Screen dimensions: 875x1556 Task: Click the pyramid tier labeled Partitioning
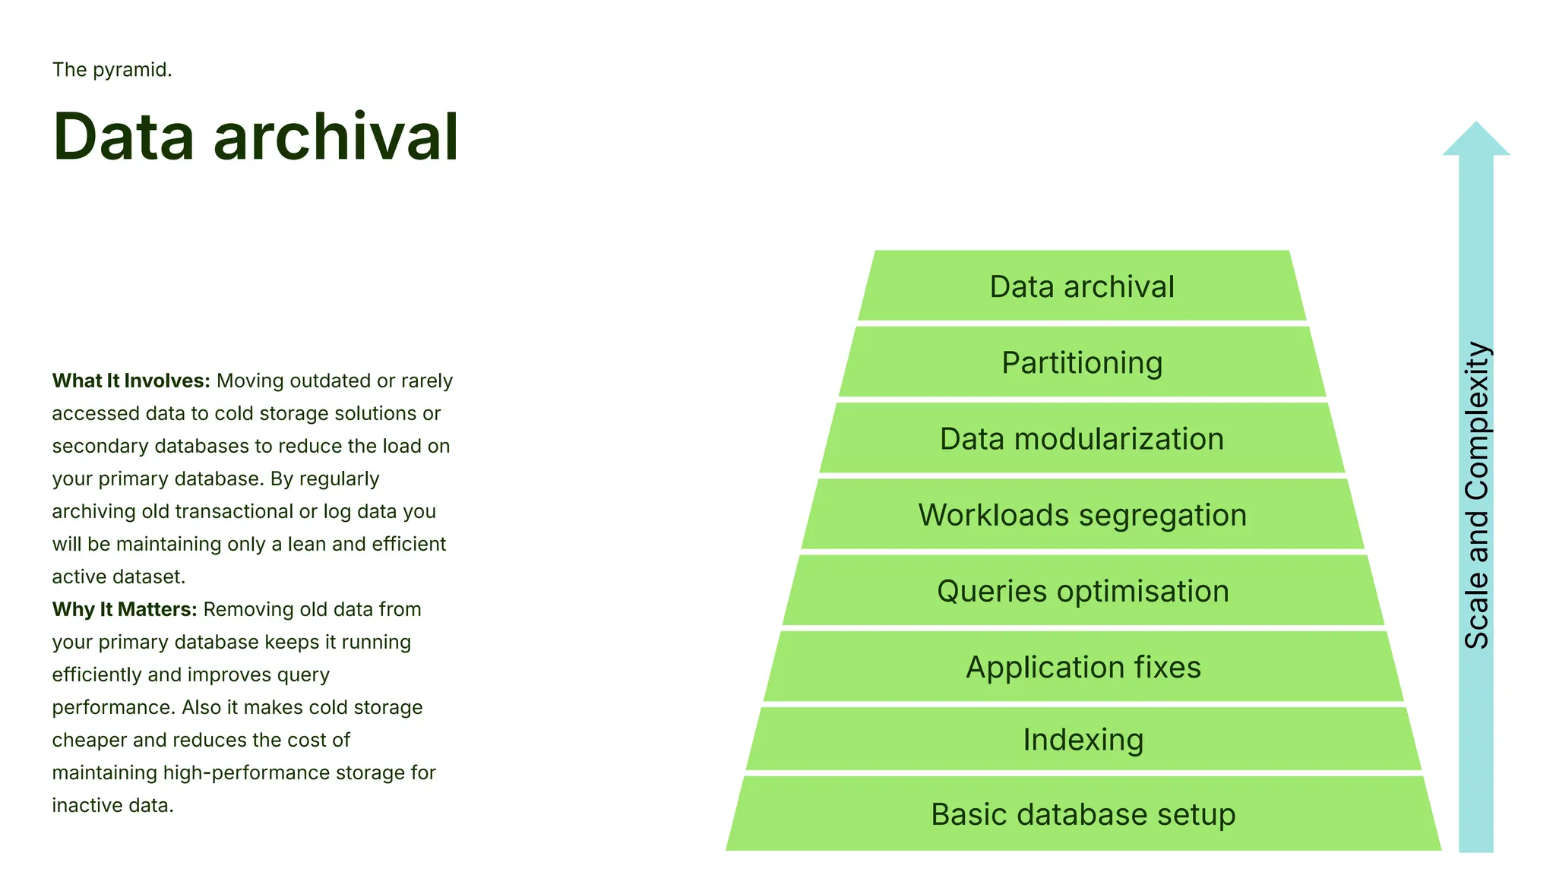pos(1082,362)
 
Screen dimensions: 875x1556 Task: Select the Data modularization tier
pos(1082,438)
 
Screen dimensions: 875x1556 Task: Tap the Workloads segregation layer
pos(1082,514)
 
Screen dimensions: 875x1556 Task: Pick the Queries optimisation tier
pos(1082,591)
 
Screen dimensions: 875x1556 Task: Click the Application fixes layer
pos(1082,667)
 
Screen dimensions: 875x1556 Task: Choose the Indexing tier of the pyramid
pos(1082,739)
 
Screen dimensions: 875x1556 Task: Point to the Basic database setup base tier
pos(1082,813)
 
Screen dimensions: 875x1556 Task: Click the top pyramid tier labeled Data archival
pos(1082,286)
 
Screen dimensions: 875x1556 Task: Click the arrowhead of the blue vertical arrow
pos(1475,141)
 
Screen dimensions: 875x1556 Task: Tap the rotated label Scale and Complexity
pos(1476,495)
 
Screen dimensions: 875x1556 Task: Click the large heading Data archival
pos(255,137)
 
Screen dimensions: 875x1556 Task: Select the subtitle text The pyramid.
pos(112,69)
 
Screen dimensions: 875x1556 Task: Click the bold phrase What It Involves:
pos(131,381)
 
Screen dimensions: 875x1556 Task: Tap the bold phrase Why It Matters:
pos(124,609)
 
